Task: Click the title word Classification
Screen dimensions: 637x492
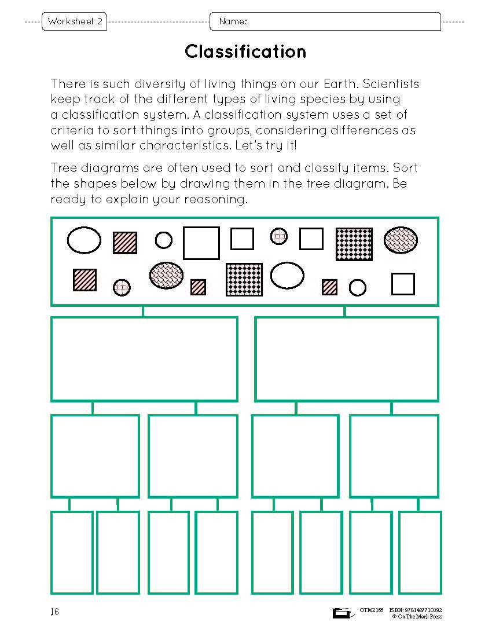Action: [245, 52]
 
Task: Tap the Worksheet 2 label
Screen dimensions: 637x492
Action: [75, 22]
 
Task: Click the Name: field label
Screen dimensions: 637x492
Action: [233, 22]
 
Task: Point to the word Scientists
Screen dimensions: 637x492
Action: [391, 84]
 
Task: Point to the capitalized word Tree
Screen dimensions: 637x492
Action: [62, 169]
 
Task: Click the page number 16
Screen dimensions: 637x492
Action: [54, 612]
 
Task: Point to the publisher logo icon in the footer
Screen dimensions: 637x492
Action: [342, 613]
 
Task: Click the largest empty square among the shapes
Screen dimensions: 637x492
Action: [201, 243]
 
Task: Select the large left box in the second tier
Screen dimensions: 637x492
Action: [144, 358]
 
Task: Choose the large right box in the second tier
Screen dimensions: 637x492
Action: [347, 358]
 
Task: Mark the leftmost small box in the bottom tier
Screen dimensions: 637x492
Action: [72, 552]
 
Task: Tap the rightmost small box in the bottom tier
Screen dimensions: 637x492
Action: [420, 552]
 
